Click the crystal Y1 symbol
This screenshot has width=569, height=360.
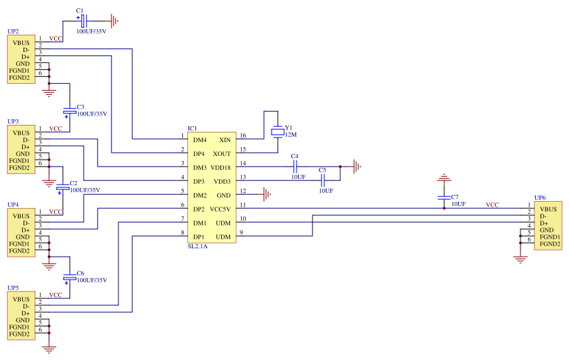[x=277, y=131]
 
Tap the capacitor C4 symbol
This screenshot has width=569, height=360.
[x=295, y=167]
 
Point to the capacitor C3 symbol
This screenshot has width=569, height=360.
[x=69, y=110]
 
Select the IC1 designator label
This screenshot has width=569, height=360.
[x=192, y=128]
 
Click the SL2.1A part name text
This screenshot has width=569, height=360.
[x=198, y=246]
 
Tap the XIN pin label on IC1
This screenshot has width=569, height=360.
[x=225, y=139]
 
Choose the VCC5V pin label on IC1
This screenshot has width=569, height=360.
[x=220, y=209]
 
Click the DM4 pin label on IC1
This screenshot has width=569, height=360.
[x=200, y=139]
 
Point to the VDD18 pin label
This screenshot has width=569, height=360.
[x=221, y=167]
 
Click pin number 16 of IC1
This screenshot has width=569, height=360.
[x=243, y=136]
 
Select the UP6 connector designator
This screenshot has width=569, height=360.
[x=540, y=198]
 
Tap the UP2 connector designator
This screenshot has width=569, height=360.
[x=12, y=32]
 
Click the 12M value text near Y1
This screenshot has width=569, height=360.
[x=291, y=135]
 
